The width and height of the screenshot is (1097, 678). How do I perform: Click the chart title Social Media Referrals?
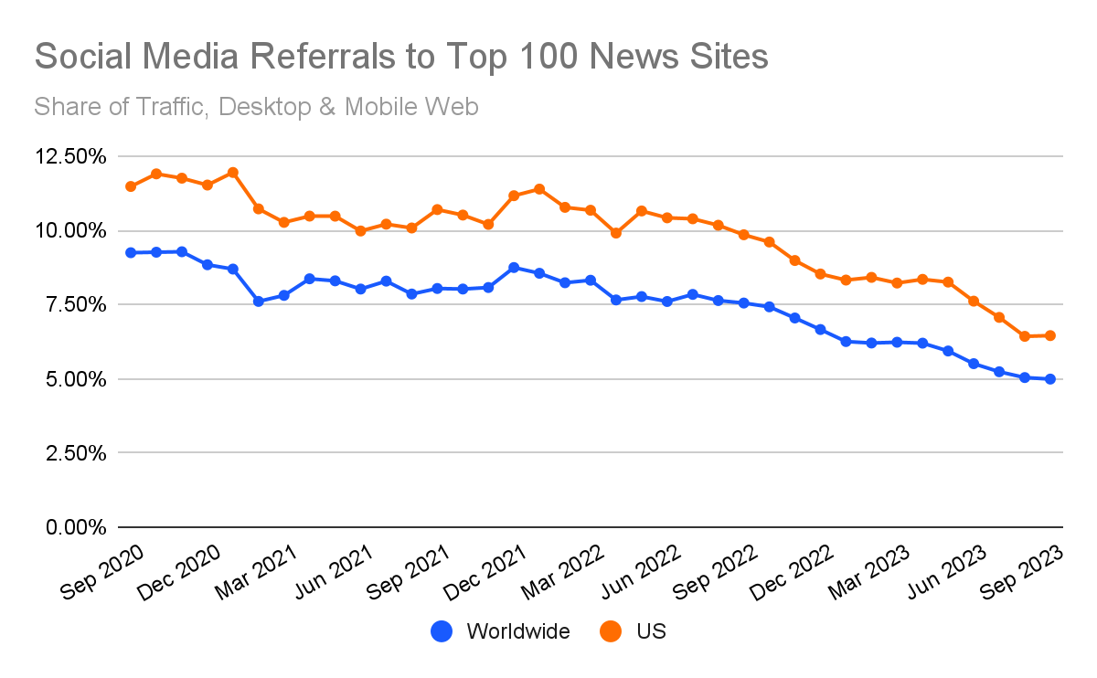(x=400, y=57)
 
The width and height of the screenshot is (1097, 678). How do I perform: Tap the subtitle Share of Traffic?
(x=256, y=107)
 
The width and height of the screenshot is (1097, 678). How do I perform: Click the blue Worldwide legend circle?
(x=442, y=631)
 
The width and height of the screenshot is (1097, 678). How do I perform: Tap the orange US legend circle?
(x=610, y=631)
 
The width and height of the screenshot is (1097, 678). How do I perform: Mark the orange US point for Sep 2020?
(x=131, y=186)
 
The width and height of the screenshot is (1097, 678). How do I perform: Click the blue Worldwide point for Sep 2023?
(x=1050, y=379)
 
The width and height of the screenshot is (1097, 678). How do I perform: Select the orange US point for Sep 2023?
(x=1050, y=335)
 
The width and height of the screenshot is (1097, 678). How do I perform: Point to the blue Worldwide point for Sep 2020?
(x=131, y=252)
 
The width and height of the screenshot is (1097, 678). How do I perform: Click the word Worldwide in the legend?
(x=517, y=631)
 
